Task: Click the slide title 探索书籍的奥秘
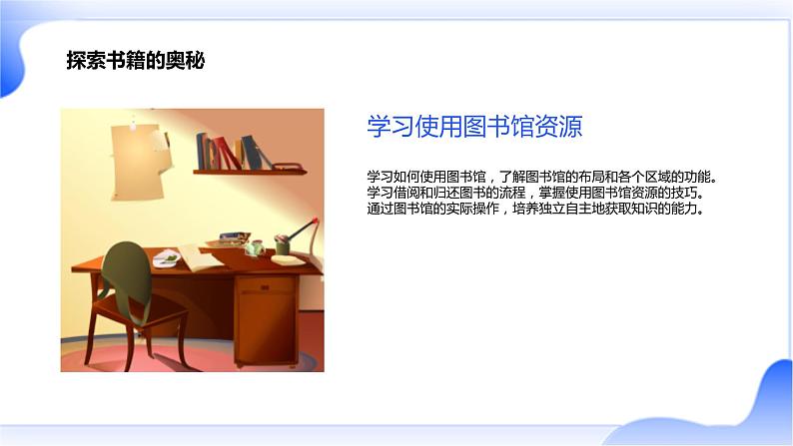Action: pyautogui.click(x=136, y=61)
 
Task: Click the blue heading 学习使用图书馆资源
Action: pyautogui.click(x=474, y=127)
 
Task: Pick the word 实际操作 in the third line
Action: pyautogui.click(x=471, y=209)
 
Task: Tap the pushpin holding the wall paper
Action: pyautogui.click(x=133, y=124)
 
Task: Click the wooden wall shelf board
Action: pyautogui.click(x=250, y=173)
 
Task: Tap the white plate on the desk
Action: pyautogui.click(x=167, y=259)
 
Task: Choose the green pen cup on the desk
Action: pyautogui.click(x=283, y=245)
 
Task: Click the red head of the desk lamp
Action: pyautogui.click(x=315, y=221)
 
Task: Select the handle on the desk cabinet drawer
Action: pyautogui.click(x=265, y=288)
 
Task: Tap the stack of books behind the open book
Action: pyautogui.click(x=234, y=238)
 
